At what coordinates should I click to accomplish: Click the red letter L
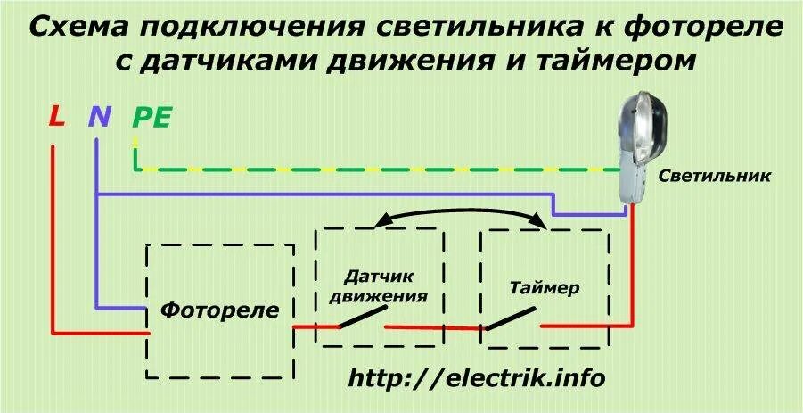pos(56,116)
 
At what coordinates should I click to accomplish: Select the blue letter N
pos(99,116)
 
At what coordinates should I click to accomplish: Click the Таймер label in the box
pos(545,288)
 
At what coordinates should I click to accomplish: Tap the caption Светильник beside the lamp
pos(715,176)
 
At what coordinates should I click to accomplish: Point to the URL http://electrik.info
pos(477,378)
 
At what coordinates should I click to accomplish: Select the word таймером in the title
pos(612,62)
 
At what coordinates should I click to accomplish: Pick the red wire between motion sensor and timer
pos(434,327)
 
